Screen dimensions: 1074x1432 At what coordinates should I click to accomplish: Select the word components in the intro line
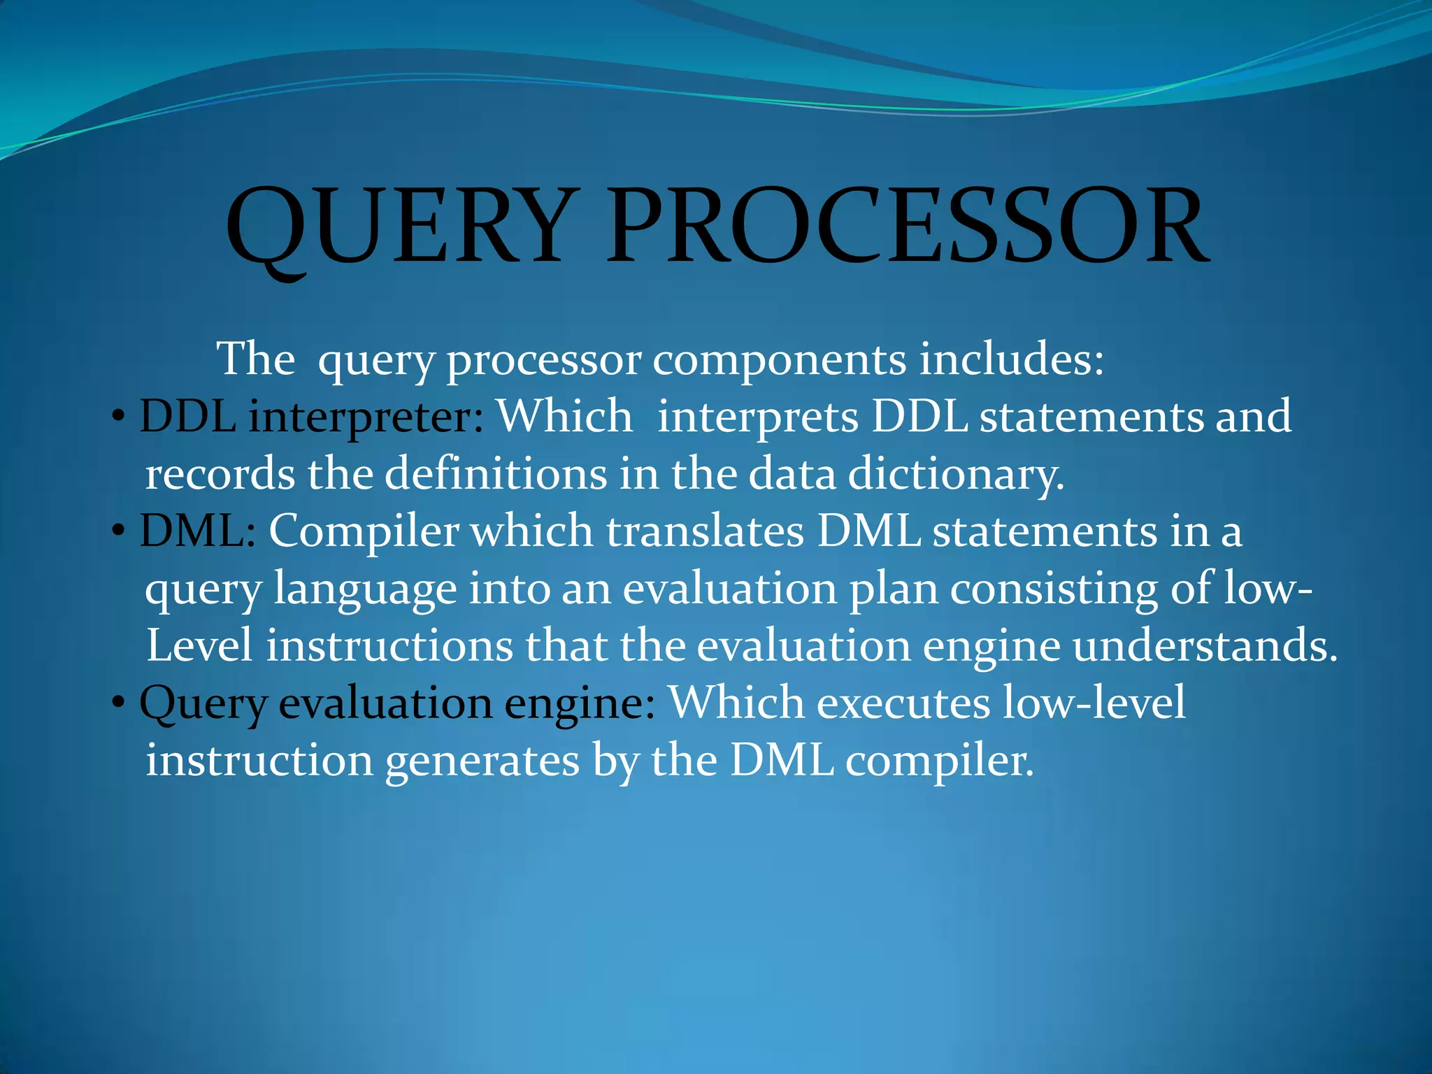coord(779,360)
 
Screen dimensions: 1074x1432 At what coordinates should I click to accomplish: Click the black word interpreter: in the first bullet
coord(366,418)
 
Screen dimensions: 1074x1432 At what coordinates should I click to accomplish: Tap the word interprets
coord(758,417)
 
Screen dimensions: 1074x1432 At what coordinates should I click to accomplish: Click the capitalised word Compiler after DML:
coord(364,533)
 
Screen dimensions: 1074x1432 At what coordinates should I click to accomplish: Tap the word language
coord(365,591)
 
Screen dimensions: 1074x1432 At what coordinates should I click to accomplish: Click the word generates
coord(482,761)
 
